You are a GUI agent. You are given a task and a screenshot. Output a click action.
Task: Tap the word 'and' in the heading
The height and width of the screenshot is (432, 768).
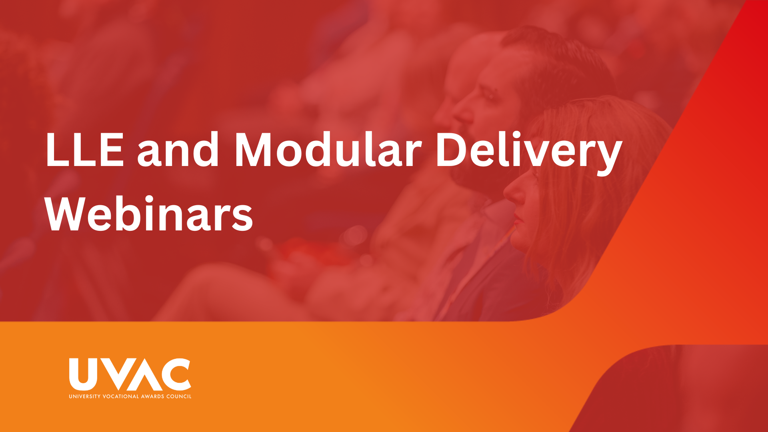(178, 149)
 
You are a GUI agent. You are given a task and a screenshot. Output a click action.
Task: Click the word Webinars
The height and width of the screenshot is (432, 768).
(149, 214)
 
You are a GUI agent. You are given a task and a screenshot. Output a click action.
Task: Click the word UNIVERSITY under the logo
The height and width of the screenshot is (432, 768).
(84, 396)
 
